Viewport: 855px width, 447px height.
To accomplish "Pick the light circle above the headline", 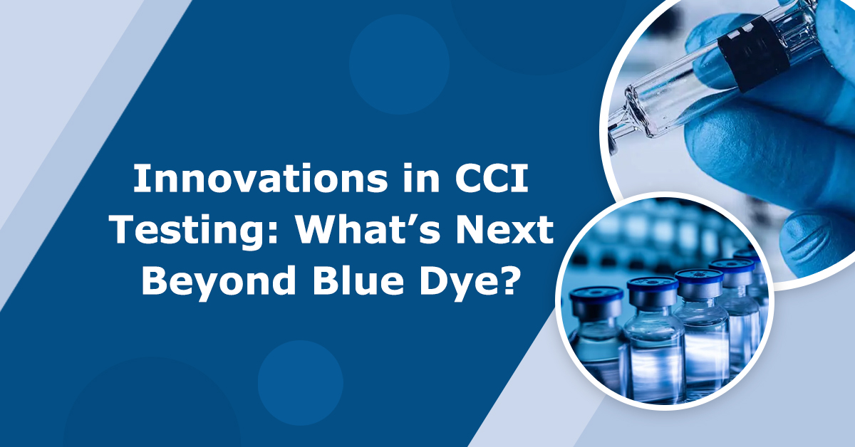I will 399,53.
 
